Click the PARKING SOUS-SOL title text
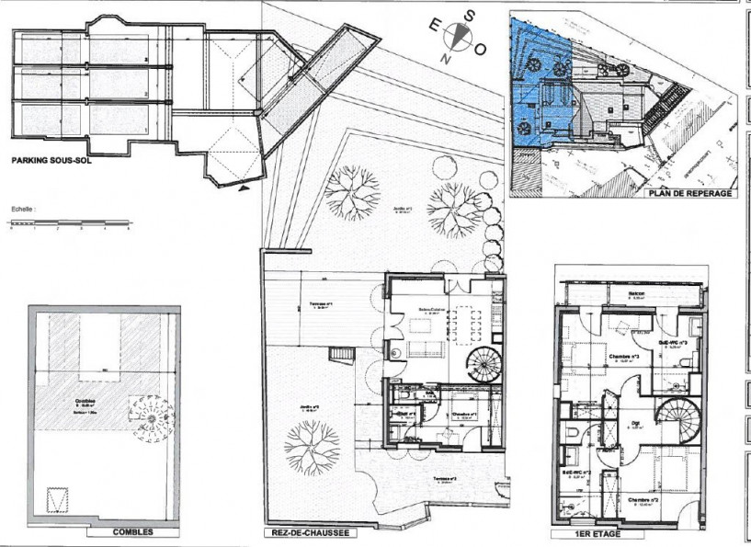click(51, 159)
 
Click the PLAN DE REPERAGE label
click(690, 194)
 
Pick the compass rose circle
click(457, 37)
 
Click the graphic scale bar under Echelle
click(70, 222)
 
